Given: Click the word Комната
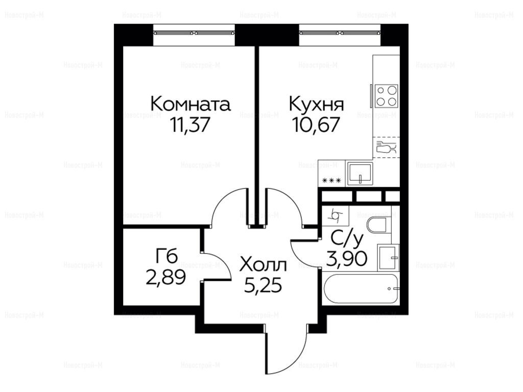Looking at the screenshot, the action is click(x=191, y=104).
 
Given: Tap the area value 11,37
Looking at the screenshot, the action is click(x=190, y=125).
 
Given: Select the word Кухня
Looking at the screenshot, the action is click(x=316, y=104).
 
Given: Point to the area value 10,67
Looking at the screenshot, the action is click(x=316, y=125).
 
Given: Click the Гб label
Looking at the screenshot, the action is click(x=167, y=257).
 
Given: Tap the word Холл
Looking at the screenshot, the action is click(x=263, y=265).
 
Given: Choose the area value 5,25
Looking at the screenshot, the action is click(x=263, y=286).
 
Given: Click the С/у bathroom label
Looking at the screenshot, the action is click(x=347, y=239).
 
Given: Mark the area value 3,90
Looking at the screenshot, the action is click(x=347, y=259).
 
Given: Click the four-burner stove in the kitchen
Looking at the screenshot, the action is click(x=387, y=96).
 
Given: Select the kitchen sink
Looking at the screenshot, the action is click(x=360, y=174).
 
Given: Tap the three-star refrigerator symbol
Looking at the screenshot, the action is click(x=331, y=181).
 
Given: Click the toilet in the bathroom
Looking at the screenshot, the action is click(x=377, y=225).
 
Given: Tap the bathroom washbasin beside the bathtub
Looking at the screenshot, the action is click(x=389, y=257).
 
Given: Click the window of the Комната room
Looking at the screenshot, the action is click(x=195, y=33).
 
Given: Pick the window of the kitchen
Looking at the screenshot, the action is click(x=340, y=33).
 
